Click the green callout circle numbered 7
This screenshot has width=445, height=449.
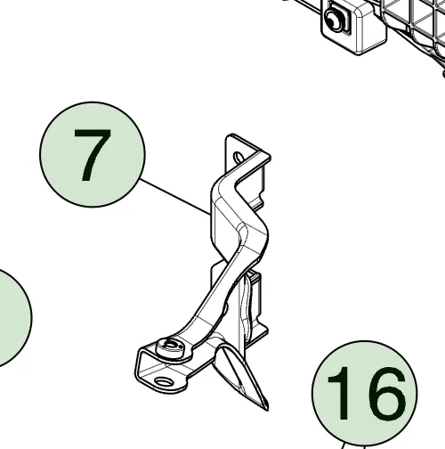coord(93,154)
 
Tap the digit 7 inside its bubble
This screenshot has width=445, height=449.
coord(93,155)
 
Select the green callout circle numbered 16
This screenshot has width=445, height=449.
coord(365,395)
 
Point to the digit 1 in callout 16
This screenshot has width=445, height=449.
coord(341,393)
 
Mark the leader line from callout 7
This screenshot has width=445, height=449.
coord(175,197)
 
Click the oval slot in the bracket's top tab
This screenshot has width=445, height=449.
coord(239,157)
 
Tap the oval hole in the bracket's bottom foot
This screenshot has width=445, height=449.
coord(165,381)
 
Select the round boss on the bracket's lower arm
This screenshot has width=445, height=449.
coord(170,348)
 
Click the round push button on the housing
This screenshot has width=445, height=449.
coord(333,19)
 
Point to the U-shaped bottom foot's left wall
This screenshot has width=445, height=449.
coord(138,367)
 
